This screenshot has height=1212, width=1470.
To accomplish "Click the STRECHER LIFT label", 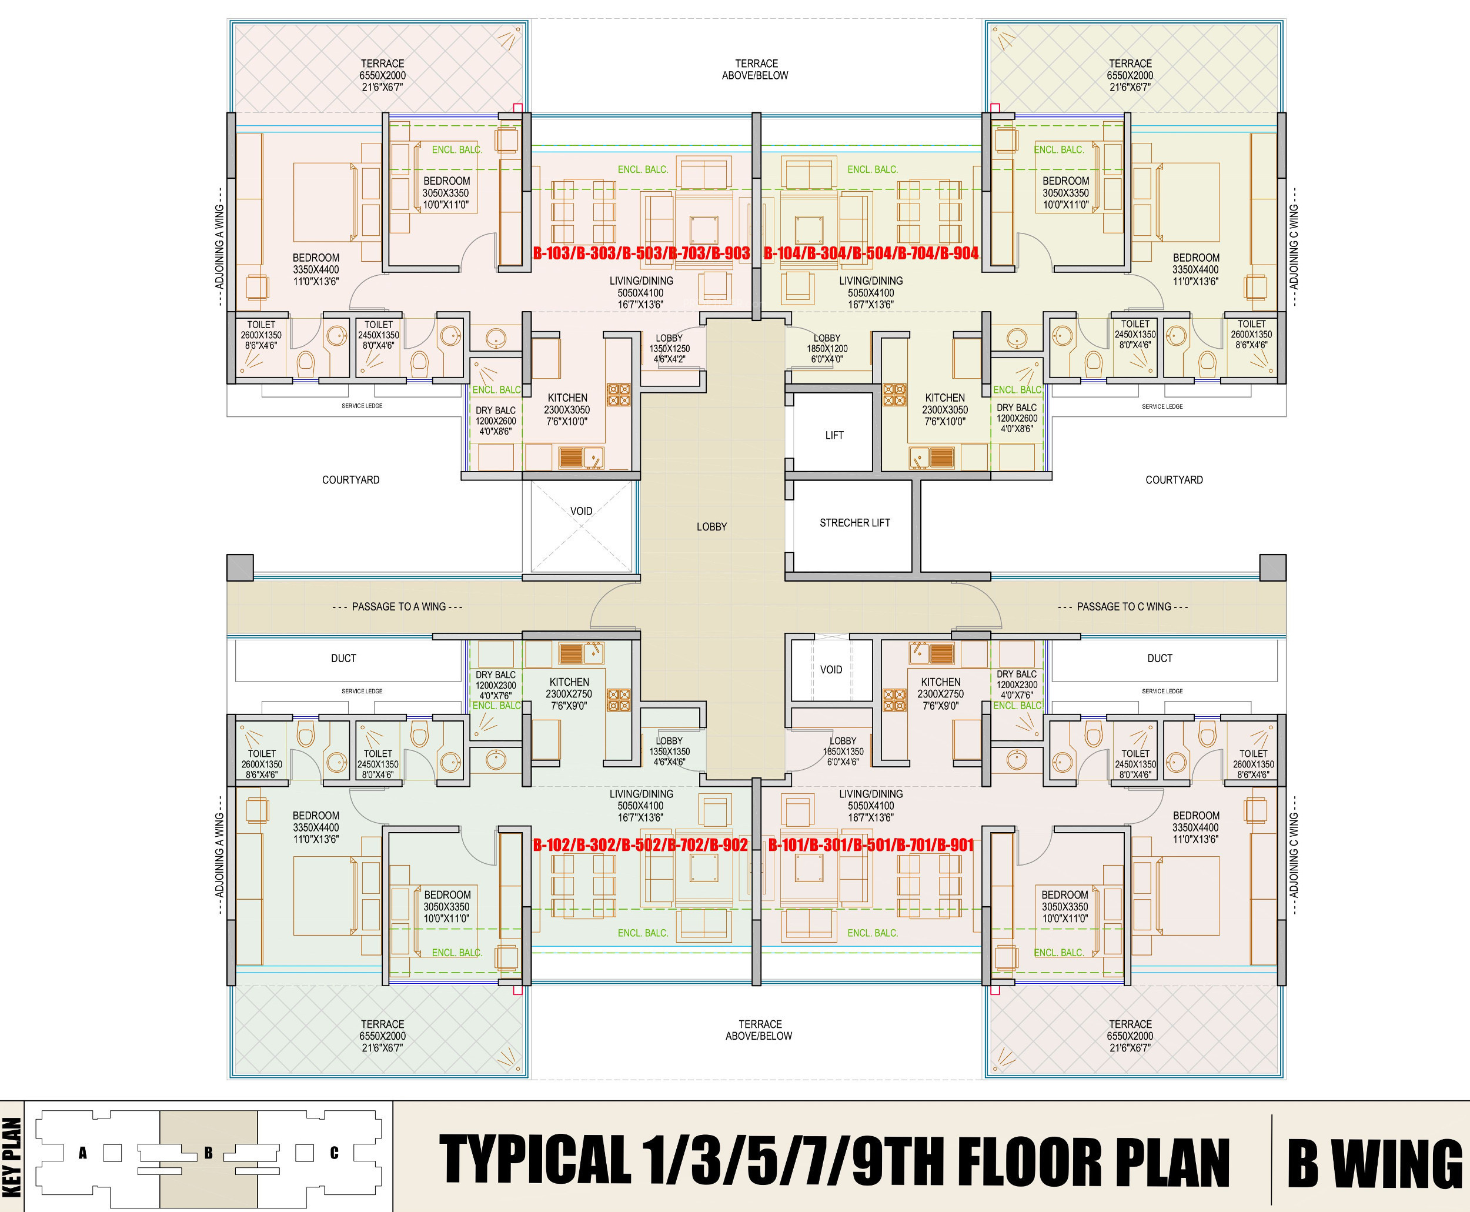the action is coord(854,523).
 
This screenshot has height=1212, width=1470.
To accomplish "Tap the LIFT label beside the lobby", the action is coord(834,436).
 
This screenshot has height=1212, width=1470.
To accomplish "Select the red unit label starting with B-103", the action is coord(642,253).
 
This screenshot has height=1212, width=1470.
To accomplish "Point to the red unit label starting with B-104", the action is coord(871,253).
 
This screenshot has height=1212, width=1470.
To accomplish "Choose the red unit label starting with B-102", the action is coord(641,846).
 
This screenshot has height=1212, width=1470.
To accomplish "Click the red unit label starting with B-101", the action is coord(871,846).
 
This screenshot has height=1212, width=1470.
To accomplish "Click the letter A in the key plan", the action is coord(82,1153).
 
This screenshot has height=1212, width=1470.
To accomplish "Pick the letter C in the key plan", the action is coord(335,1153).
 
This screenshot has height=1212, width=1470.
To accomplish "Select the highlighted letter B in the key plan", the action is coord(208,1153).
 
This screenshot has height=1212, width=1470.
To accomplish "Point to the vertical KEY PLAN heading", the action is coord(12,1157).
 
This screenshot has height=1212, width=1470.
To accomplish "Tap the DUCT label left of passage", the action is coord(343,659).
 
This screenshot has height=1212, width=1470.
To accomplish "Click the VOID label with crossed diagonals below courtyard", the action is coord(582,511).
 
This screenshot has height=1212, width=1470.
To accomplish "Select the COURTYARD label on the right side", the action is coord(1174,480).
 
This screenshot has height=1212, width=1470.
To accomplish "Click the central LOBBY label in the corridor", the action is coord(711,527).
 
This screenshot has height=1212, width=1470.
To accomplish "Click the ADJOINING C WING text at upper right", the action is coord(1294,246).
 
